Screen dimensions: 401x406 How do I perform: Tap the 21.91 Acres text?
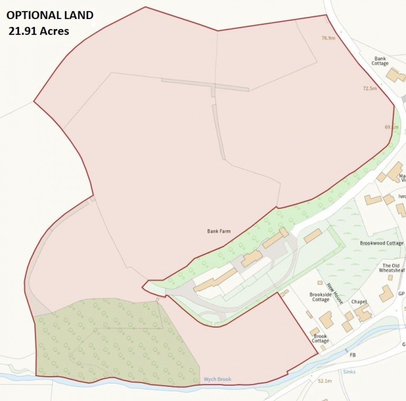(39, 31)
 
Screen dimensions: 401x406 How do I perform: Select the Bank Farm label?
(219, 231)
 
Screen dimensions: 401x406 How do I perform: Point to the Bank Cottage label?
(380, 61)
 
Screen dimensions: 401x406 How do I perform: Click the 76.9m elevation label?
(328, 38)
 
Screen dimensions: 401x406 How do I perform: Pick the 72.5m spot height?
(369, 88)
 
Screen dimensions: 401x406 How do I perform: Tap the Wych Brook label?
(217, 379)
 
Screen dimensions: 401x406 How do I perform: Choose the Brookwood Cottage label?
(381, 243)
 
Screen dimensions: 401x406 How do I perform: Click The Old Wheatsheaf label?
(391, 268)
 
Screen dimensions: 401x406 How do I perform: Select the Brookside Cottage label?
(321, 297)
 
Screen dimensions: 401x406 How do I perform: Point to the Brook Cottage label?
(320, 338)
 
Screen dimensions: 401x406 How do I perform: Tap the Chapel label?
(359, 302)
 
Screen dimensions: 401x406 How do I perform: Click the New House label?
(335, 293)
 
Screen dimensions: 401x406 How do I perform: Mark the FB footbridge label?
(353, 355)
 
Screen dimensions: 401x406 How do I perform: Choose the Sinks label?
(349, 372)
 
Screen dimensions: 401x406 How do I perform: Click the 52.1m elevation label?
(325, 381)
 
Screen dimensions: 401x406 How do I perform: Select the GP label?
(401, 294)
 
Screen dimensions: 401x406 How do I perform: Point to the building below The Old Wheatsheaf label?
(386, 293)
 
